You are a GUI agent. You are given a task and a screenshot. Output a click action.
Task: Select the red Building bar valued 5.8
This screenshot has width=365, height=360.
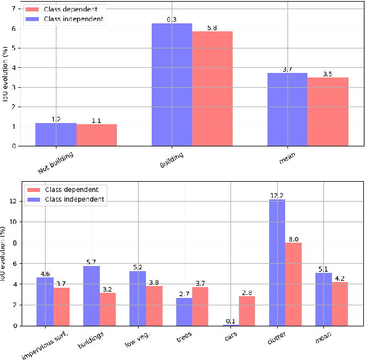[x=212, y=88]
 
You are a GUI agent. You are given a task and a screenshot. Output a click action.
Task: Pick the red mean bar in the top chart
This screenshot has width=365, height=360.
[x=328, y=111]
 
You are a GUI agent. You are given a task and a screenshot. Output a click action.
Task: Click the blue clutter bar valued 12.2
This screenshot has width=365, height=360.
[x=277, y=262]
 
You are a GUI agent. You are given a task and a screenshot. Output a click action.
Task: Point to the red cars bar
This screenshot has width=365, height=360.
[x=246, y=310]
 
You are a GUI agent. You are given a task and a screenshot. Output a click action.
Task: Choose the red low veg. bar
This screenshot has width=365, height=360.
[x=154, y=305]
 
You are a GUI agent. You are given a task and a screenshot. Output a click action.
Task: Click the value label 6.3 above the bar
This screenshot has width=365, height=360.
[x=172, y=19]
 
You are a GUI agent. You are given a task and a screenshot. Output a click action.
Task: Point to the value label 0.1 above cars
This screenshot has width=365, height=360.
[x=231, y=321]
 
